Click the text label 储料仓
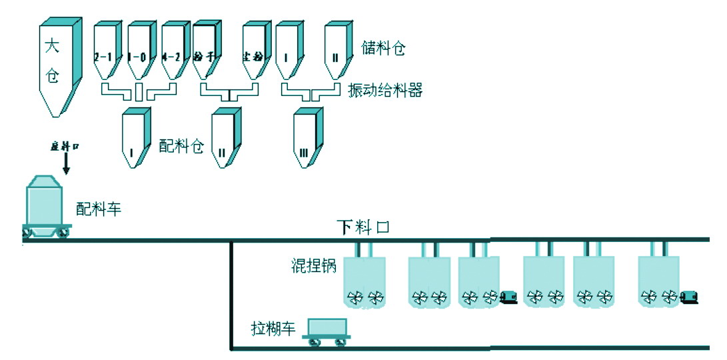click(x=383, y=47)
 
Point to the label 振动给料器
click(x=385, y=90)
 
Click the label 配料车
click(x=99, y=209)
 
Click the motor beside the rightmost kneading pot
click(x=689, y=296)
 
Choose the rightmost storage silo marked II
click(x=337, y=53)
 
